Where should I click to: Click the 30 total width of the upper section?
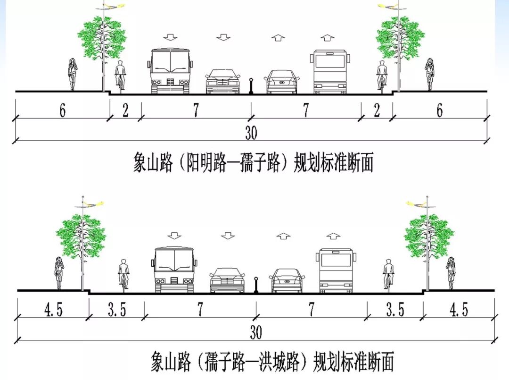point(251,133)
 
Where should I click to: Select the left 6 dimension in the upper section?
point(63,110)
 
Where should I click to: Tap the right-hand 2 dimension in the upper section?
point(377,110)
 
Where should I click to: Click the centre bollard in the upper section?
point(251,86)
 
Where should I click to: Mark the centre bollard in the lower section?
point(256,285)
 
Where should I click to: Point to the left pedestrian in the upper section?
point(72,74)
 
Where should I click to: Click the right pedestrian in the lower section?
point(451,272)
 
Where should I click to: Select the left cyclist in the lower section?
point(124,274)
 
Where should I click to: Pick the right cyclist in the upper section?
point(382,76)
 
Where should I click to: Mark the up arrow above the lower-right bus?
point(334,236)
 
